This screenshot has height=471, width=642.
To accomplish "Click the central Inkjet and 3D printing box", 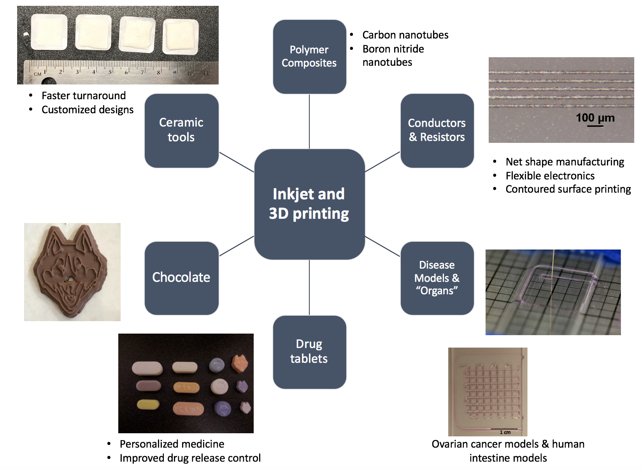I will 309,204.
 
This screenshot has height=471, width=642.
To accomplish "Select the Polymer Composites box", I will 309,56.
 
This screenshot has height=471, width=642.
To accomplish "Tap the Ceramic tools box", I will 181,130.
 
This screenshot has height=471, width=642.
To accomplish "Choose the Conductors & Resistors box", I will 437,130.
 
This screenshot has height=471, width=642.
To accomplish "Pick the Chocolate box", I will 181,278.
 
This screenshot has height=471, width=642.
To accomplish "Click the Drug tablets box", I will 309,351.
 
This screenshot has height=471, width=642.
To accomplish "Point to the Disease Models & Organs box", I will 437,278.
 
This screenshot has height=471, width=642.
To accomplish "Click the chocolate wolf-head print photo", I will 72,272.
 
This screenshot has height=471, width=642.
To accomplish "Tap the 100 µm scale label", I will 595,118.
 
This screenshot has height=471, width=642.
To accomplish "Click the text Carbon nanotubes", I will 405,35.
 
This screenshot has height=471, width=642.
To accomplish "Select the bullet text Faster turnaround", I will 84,96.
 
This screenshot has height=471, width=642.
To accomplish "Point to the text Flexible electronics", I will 550,176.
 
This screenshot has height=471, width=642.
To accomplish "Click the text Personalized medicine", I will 172,444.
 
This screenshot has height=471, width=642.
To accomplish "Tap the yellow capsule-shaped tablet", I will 148,405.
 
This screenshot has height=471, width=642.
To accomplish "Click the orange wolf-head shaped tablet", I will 240,363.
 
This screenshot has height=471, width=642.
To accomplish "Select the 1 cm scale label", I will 505,432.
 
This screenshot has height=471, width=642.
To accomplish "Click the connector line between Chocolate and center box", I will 237,246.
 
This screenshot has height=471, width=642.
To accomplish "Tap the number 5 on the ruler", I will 110,72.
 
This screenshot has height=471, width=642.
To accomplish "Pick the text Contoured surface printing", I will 568,189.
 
